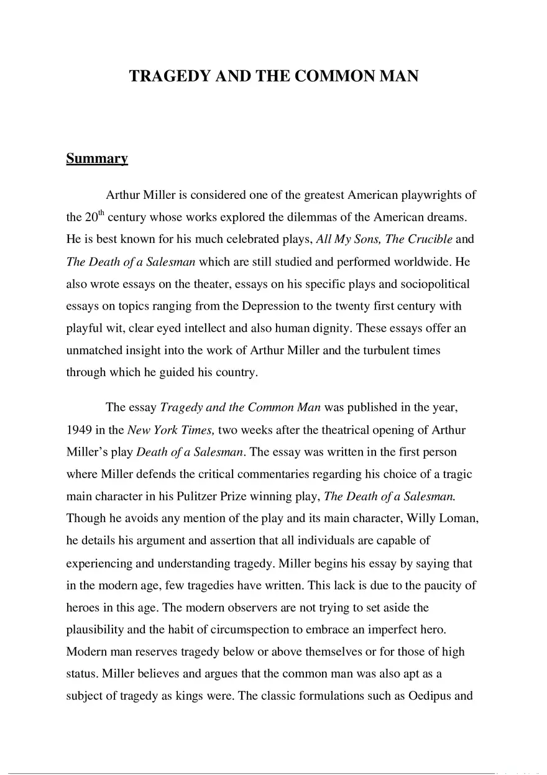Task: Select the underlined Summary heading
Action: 97,158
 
